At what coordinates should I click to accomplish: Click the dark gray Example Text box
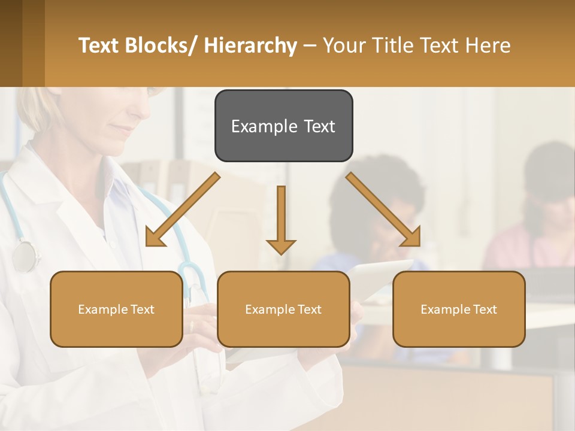(283, 126)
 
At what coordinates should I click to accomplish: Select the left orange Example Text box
(116, 309)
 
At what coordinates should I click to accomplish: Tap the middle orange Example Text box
(283, 309)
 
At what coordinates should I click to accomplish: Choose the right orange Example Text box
(459, 309)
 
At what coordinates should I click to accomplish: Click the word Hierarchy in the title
(250, 45)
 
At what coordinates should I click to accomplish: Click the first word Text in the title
(99, 45)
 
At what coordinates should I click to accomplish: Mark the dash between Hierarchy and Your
(310, 45)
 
